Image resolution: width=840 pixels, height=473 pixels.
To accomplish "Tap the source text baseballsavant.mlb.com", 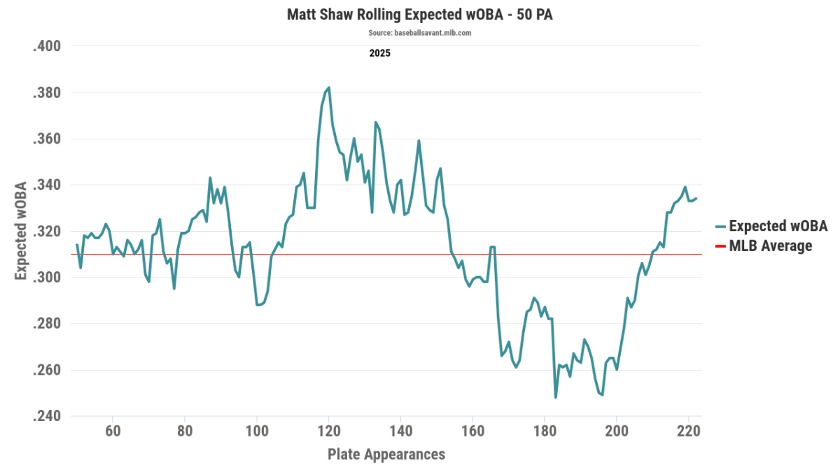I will pyautogui.click(x=419, y=33).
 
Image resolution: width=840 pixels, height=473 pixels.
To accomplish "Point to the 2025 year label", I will pyautogui.click(x=380, y=53).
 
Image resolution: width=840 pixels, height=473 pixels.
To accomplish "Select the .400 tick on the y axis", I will pyautogui.click(x=48, y=47).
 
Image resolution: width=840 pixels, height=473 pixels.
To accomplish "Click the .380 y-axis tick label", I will pyautogui.click(x=48, y=93).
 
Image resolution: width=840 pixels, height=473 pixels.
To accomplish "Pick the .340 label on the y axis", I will pyautogui.click(x=48, y=186).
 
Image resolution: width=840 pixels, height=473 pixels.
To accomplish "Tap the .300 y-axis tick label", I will pyautogui.click(x=48, y=278).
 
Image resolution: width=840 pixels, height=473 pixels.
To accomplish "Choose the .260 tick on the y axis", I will pyautogui.click(x=48, y=371).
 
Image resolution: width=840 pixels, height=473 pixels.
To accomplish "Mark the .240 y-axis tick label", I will pyautogui.click(x=48, y=417).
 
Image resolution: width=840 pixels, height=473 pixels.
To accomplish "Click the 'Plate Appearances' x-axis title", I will pyautogui.click(x=386, y=454).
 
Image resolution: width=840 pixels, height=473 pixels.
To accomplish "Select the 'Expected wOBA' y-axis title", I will pyautogui.click(x=21, y=231).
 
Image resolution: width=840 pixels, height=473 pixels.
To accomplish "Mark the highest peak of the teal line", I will pyautogui.click(x=329, y=88).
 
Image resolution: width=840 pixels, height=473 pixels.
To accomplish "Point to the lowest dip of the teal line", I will pyautogui.click(x=556, y=397).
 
